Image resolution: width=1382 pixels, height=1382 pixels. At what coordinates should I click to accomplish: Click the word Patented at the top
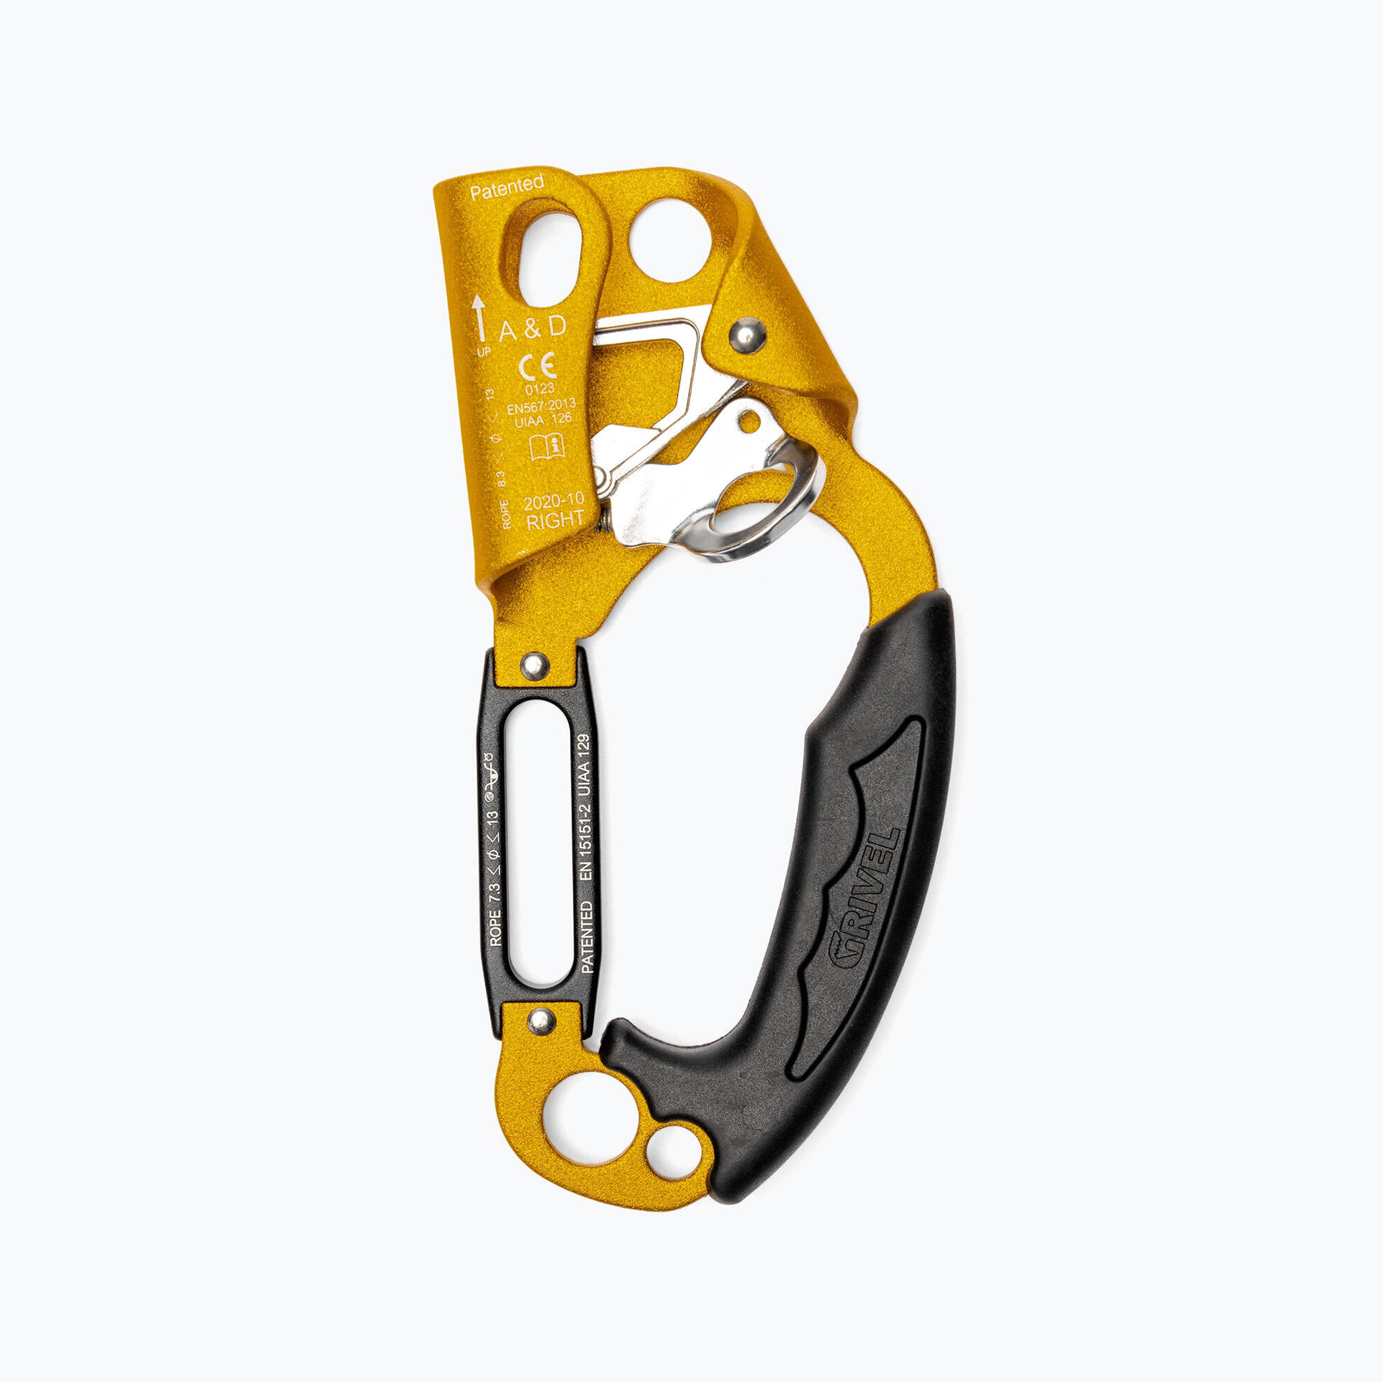pyautogui.click(x=507, y=188)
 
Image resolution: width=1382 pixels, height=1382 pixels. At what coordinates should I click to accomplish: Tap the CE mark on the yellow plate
pyautogui.click(x=537, y=366)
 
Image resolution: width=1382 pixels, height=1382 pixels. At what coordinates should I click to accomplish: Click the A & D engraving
pyautogui.click(x=533, y=328)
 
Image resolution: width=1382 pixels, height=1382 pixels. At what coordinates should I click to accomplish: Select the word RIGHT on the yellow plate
pyautogui.click(x=555, y=520)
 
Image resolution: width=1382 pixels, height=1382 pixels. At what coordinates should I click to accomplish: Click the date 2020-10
pyautogui.click(x=554, y=501)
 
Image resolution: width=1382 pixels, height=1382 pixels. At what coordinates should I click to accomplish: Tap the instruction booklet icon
pyautogui.click(x=546, y=446)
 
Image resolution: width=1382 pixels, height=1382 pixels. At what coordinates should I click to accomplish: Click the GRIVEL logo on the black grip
pyautogui.click(x=863, y=900)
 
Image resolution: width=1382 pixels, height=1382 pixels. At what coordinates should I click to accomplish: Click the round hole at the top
pyautogui.click(x=669, y=240)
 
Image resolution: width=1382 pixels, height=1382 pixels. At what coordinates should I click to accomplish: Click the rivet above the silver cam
pyautogui.click(x=747, y=335)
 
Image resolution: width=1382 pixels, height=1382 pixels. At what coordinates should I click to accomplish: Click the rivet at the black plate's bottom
pyautogui.click(x=541, y=1020)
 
